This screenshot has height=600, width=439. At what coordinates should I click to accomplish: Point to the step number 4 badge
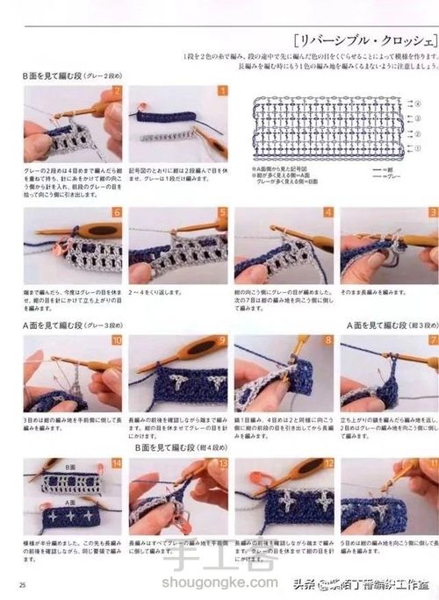(x=327, y=212)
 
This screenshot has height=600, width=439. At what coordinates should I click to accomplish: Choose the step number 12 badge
(x=327, y=463)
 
